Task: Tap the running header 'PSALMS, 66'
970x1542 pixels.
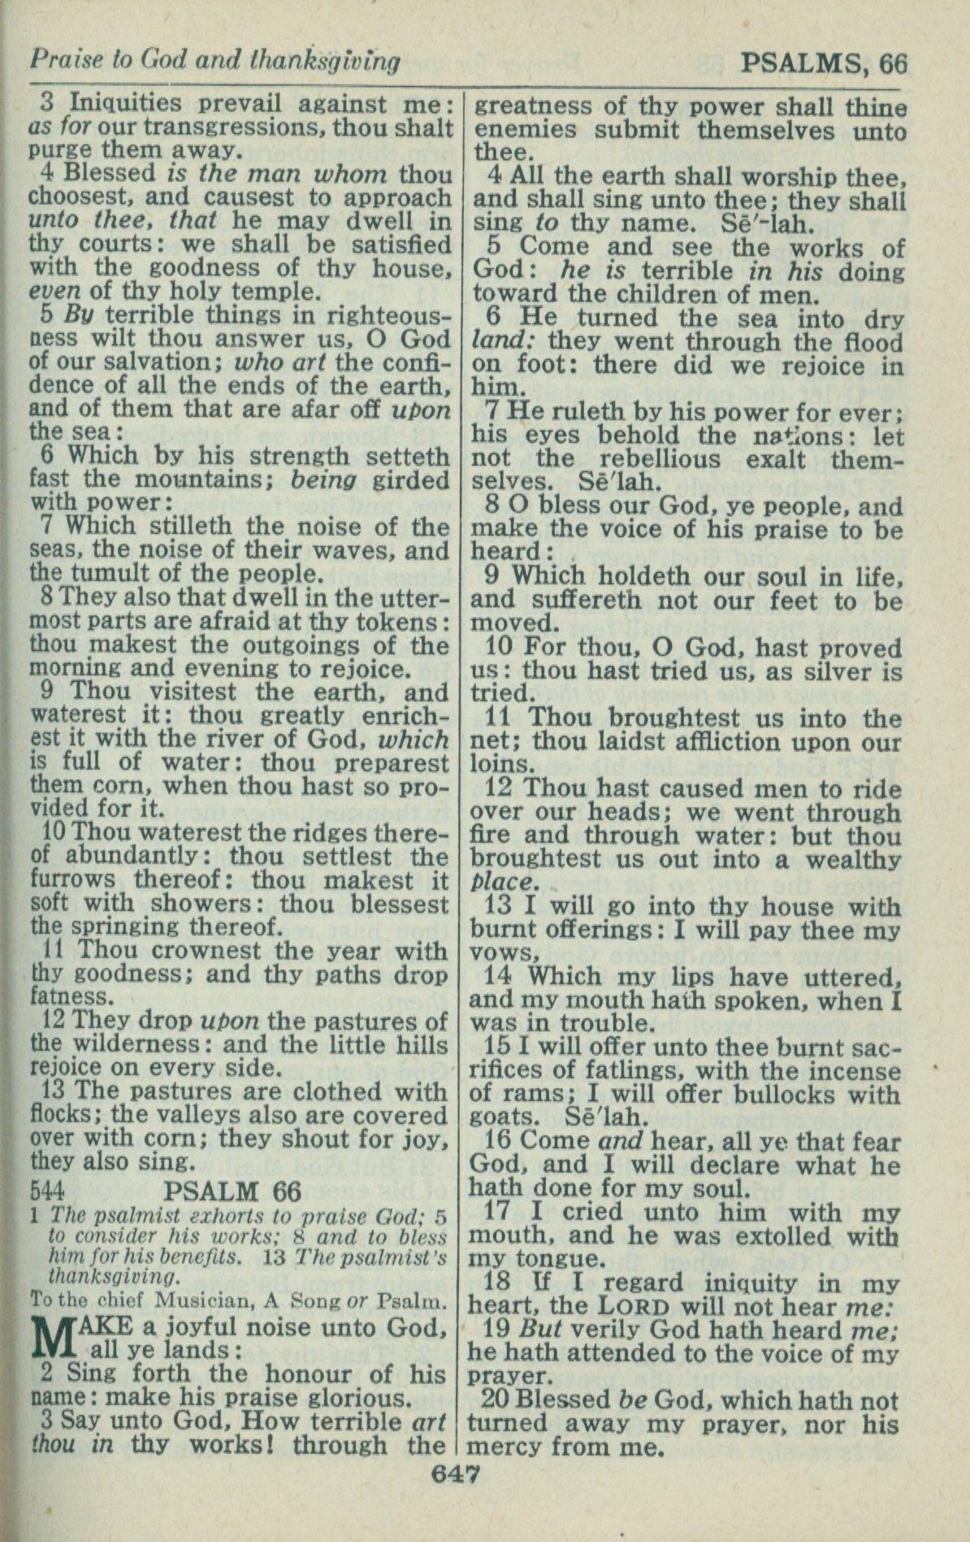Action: [x=823, y=63]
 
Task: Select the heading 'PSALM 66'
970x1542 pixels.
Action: [x=232, y=1191]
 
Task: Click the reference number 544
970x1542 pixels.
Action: [x=46, y=1191]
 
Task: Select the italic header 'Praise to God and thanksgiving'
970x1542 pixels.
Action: [x=214, y=60]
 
